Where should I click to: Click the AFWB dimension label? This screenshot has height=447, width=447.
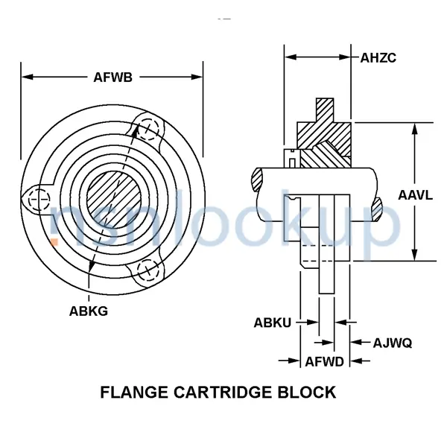113,77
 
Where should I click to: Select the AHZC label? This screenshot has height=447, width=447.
378,58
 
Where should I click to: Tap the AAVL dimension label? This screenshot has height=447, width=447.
416,195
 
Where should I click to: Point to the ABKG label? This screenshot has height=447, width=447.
89,311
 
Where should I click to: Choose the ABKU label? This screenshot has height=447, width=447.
272,323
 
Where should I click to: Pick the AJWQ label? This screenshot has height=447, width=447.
393,343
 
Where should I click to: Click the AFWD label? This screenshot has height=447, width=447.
324,362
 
